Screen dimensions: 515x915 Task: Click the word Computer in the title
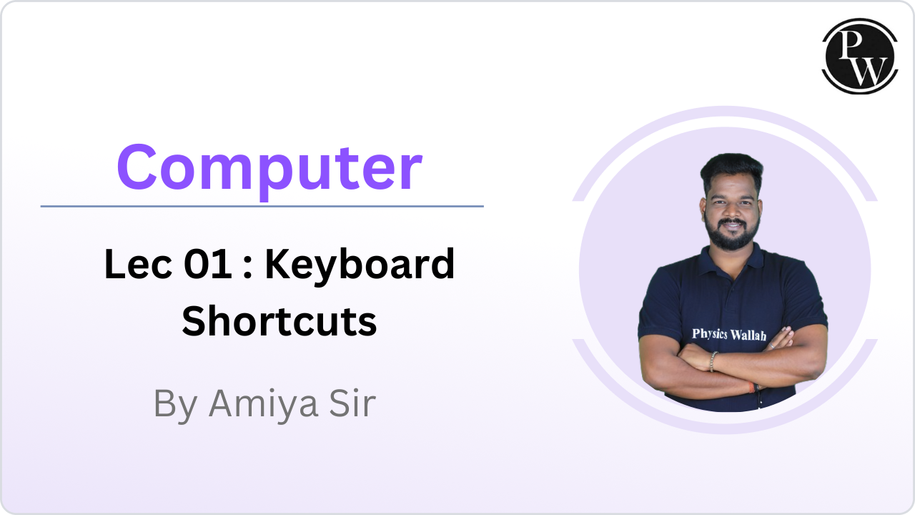(269, 168)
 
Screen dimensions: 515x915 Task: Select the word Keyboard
(360, 265)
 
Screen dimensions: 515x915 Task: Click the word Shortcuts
(279, 321)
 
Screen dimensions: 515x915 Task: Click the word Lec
(132, 265)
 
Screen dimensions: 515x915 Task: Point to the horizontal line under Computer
(262, 206)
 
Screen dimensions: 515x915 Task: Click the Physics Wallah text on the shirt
(728, 334)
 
